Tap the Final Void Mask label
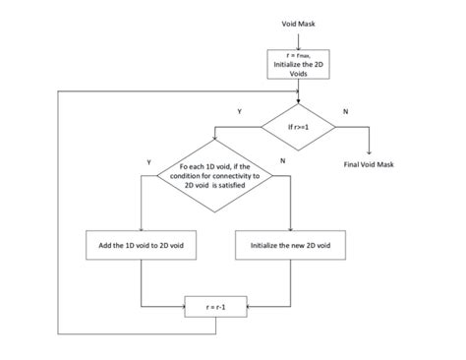pyautogui.click(x=368, y=164)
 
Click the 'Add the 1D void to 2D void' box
pyautogui.click(x=143, y=244)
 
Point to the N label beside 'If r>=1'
pyautogui.click(x=344, y=112)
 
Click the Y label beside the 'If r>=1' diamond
pyautogui.click(x=239, y=112)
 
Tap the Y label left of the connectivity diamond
pyautogui.click(x=148, y=160)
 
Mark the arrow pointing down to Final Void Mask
pyautogui.click(x=368, y=148)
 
